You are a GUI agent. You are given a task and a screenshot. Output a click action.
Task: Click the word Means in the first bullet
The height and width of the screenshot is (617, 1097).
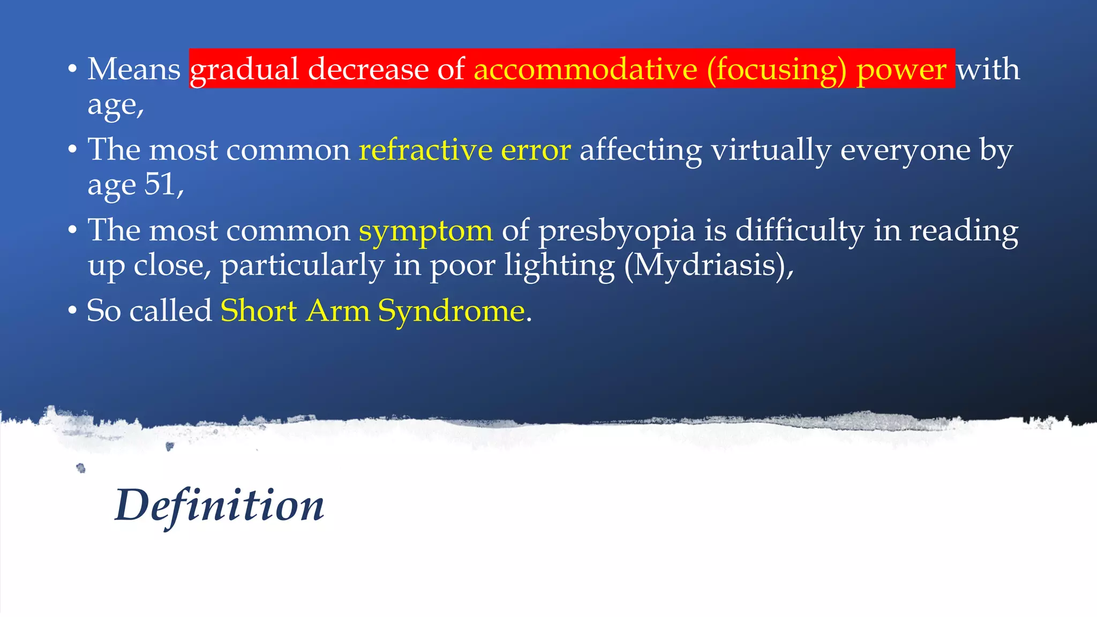134,69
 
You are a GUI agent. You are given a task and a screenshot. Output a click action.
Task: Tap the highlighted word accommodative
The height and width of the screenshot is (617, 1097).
585,69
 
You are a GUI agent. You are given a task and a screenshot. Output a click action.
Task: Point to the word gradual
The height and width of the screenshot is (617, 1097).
245,70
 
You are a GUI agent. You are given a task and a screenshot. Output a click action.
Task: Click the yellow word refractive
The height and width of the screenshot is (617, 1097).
425,149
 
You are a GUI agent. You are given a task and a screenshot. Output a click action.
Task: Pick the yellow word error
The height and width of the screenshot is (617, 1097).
536,151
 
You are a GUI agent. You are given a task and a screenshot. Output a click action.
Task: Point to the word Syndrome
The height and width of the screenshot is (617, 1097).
452,311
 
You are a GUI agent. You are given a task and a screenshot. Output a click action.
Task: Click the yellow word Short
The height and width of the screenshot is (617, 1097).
259,311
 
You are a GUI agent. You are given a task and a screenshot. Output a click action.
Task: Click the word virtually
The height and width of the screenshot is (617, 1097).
771,151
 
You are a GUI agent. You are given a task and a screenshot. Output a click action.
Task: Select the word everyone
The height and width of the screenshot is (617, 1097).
905,151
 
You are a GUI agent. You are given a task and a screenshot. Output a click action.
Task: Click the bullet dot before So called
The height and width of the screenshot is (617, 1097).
73,311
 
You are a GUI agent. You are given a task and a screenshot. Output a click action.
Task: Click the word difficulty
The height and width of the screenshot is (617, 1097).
799,231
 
